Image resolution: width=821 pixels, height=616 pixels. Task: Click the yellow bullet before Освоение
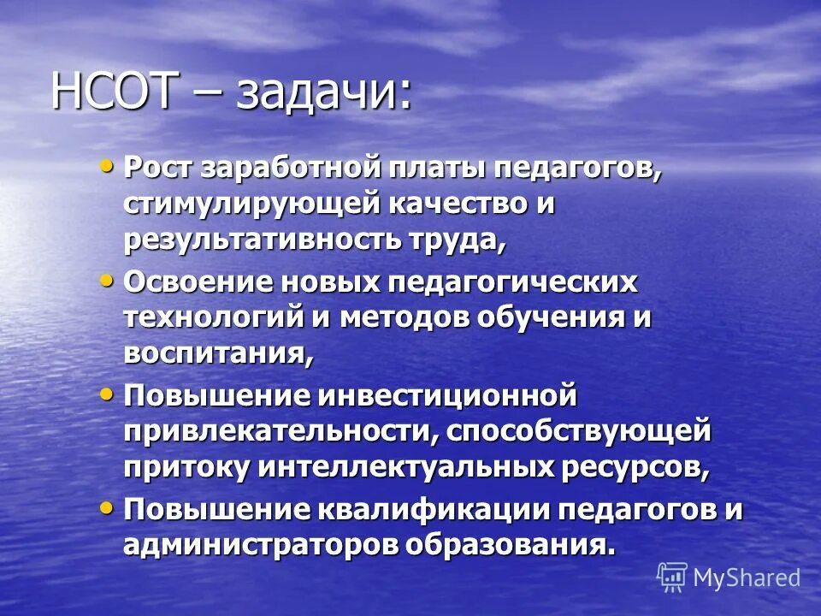click(107, 279)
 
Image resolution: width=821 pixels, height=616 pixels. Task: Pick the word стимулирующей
click(254, 204)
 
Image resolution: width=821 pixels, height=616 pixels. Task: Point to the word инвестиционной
click(446, 395)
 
